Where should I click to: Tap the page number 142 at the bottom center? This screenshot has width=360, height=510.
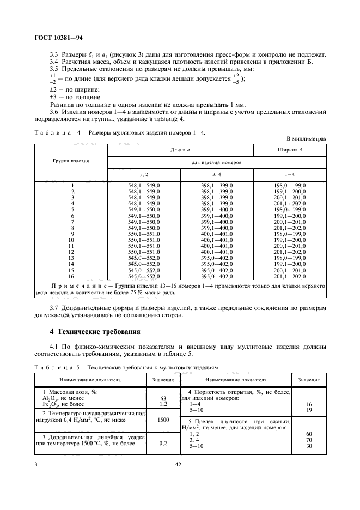pos(177,464)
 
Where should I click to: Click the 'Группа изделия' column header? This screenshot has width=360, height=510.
pos(71,162)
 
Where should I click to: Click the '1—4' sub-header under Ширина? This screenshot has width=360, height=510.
pos(289,174)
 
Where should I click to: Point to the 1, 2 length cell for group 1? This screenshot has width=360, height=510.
pos(144,186)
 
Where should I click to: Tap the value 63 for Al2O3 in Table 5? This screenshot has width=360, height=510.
pos(163,399)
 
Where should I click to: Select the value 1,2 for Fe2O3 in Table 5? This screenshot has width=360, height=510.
pos(163,405)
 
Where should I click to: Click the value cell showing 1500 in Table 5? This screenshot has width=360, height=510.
pos(163,420)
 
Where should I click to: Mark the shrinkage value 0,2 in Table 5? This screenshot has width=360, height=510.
pos(163,444)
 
